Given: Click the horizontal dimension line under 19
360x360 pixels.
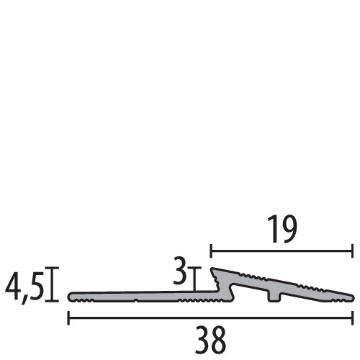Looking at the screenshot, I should coord(281,251).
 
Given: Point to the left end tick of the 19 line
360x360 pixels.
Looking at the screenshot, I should coord(210,251).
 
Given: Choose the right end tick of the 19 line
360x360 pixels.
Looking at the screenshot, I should coord(353,251).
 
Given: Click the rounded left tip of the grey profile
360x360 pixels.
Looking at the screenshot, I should coord(71,297).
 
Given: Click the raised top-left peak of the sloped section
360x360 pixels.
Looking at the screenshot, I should coord(214,271).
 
